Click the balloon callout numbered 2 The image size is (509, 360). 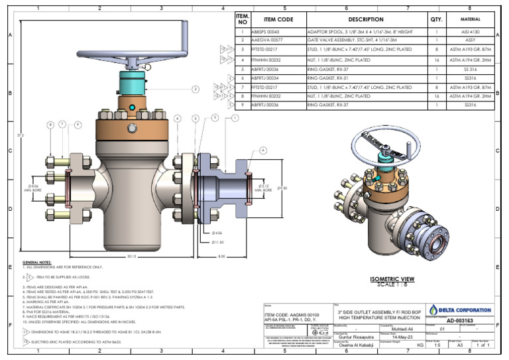196,89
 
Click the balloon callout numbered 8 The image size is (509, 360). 50,124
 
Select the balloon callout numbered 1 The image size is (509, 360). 235,119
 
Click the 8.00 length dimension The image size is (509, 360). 221,257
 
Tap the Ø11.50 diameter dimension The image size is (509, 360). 217,242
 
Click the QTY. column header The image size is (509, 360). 437,20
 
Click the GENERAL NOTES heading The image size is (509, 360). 38,263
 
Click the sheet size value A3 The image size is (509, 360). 453,345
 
